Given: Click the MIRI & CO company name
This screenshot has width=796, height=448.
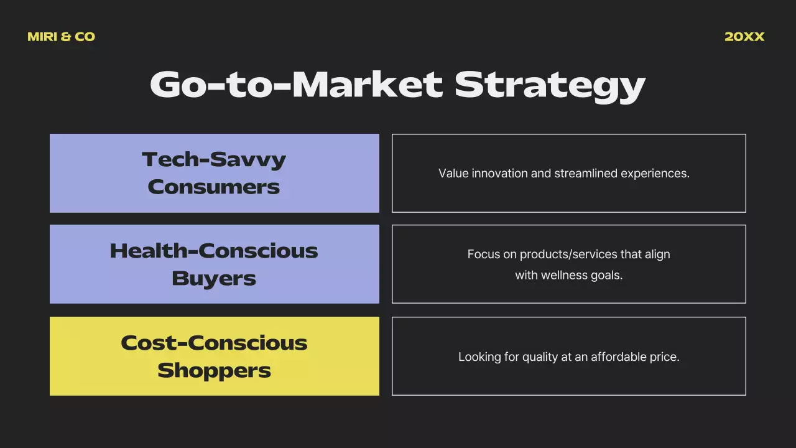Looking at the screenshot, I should tap(61, 37).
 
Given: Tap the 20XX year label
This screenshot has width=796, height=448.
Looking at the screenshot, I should tap(744, 37).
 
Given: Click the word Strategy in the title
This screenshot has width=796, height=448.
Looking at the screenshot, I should tap(550, 85).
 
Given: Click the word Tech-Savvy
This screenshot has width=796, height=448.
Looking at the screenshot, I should tap(214, 159).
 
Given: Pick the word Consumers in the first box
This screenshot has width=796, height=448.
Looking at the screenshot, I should tap(214, 187).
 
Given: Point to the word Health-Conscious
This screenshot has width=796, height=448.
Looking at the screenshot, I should tap(214, 251).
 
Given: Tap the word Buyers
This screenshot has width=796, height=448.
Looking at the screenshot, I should tap(214, 278).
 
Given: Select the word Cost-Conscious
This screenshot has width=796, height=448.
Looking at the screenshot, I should tap(214, 342).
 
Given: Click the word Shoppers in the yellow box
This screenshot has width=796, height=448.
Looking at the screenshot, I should tap(214, 370).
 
